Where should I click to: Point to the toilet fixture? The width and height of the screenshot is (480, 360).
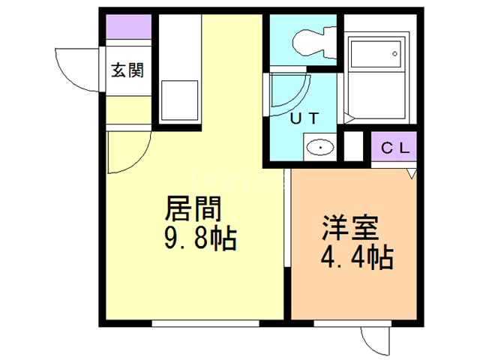(311, 41)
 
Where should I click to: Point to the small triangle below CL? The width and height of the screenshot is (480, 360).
(411, 173)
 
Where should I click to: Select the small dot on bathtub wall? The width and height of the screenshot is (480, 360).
(394, 54)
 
